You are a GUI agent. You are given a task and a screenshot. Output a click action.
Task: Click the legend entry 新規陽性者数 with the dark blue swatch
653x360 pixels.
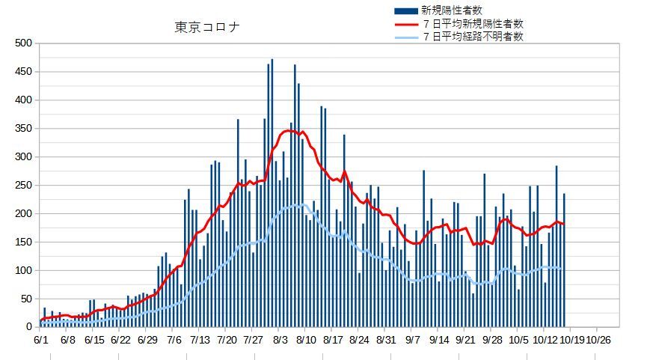click(447, 10)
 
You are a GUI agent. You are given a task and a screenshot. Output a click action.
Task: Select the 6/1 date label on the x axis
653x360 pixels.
click(42, 339)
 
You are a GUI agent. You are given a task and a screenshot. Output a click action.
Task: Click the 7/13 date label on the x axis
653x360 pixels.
click(200, 339)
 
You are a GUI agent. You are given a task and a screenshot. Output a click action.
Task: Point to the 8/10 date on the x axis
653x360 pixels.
click(305, 339)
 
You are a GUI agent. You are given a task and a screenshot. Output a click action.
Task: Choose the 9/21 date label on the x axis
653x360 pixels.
click(465, 339)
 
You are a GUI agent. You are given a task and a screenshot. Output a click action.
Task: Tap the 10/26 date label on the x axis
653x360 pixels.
click(598, 339)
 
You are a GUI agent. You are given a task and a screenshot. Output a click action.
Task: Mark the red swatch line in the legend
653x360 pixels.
click(405, 23)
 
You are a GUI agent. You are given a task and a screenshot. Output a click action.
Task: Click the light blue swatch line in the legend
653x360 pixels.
click(405, 35)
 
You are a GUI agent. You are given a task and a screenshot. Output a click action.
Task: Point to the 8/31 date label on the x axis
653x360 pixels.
click(384, 339)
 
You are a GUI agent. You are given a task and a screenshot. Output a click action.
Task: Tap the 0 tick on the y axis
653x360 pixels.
click(29, 327)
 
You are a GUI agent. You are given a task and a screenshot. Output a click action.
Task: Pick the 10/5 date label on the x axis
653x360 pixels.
click(518, 339)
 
